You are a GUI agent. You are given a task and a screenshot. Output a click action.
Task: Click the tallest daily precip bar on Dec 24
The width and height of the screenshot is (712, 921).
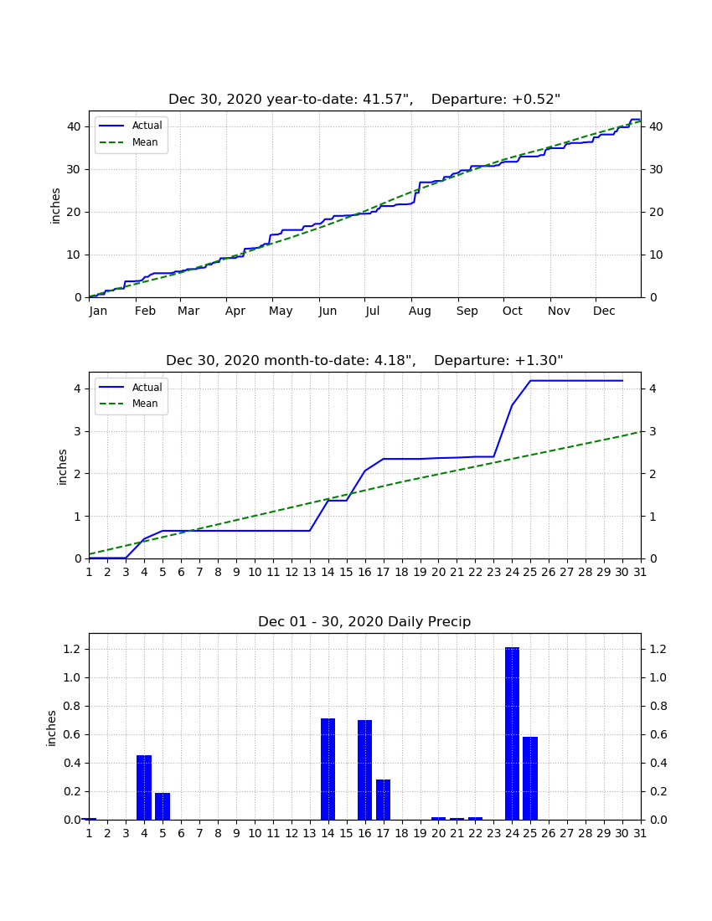512,733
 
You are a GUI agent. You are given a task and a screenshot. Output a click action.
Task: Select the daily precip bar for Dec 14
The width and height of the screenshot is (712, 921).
328,769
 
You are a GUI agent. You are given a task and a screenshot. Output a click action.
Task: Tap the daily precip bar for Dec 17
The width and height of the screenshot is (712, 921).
383,800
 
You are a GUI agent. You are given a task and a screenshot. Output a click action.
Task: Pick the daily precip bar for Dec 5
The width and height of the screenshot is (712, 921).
163,806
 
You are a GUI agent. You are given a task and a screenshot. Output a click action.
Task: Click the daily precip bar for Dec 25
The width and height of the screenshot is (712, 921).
530,779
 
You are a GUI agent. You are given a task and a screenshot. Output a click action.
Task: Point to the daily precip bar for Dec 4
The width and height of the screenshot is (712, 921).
144,788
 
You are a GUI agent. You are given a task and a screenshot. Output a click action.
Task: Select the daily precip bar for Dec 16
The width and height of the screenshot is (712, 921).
365,769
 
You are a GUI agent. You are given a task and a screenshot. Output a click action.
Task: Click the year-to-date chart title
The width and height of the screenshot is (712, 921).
364,100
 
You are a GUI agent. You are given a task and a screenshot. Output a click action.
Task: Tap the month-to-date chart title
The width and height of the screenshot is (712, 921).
364,360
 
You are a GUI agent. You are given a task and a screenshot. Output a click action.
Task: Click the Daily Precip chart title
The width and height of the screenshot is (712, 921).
364,621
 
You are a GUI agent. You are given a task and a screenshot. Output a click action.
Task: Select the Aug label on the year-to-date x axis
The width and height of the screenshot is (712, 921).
420,311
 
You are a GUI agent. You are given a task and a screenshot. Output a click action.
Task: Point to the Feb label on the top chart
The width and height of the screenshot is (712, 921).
145,311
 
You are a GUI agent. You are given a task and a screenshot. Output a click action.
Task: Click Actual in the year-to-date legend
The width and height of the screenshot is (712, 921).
147,125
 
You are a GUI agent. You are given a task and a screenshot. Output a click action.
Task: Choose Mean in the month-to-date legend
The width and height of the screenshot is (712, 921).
145,404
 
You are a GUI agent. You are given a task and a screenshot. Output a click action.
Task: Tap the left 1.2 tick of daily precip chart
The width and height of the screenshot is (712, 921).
72,649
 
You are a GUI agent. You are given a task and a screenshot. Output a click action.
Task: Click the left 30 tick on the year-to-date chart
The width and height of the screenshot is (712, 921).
74,169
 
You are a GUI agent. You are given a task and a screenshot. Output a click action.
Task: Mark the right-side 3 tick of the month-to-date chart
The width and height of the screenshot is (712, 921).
653,431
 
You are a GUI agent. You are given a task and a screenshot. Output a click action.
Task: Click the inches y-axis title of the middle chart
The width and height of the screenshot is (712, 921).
62,467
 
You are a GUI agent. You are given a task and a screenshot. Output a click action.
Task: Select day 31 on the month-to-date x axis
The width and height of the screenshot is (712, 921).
640,572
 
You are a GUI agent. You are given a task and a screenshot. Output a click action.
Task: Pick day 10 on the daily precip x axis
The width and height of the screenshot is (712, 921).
255,833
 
